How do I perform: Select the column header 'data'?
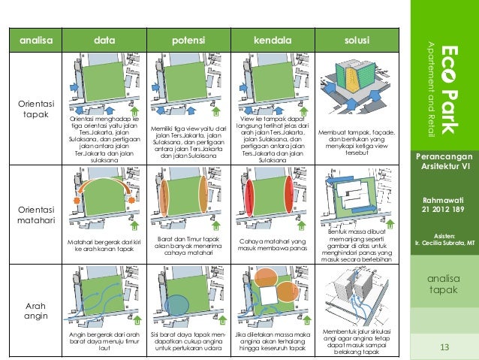[104, 39]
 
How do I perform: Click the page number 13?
[444, 346]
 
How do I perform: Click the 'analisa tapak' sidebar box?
[444, 283]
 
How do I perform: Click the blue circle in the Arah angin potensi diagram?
[177, 305]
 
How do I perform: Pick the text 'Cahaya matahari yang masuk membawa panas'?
[273, 244]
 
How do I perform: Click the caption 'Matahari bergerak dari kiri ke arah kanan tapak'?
[104, 245]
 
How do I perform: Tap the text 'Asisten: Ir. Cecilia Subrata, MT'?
[444, 238]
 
